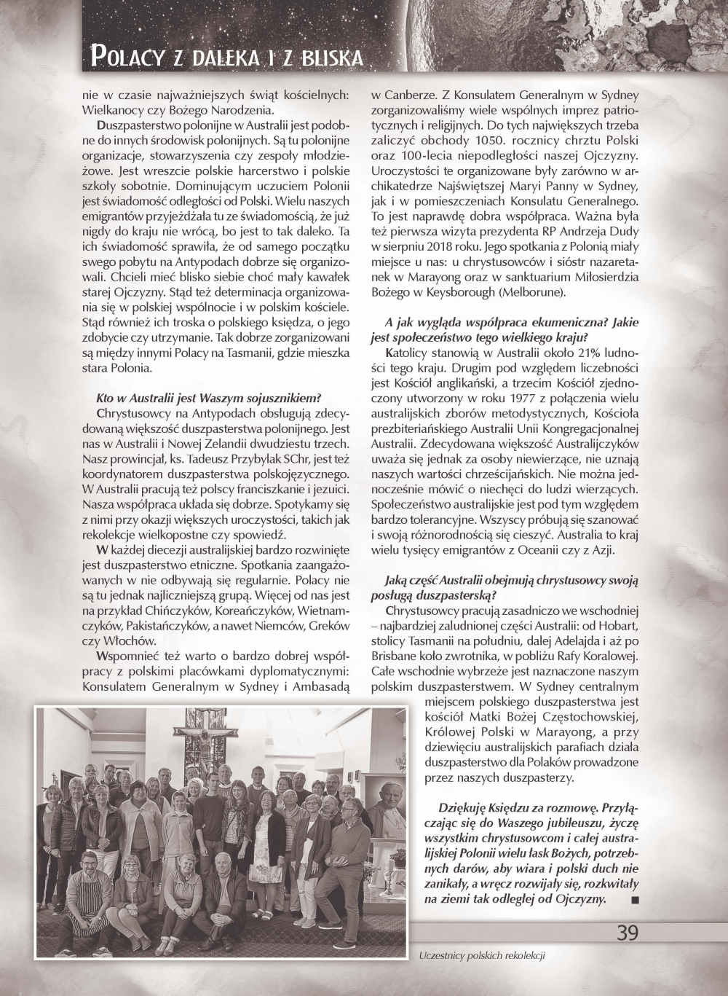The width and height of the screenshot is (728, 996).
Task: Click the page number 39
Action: coord(628,933)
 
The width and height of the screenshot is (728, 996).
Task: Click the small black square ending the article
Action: coord(635,900)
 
